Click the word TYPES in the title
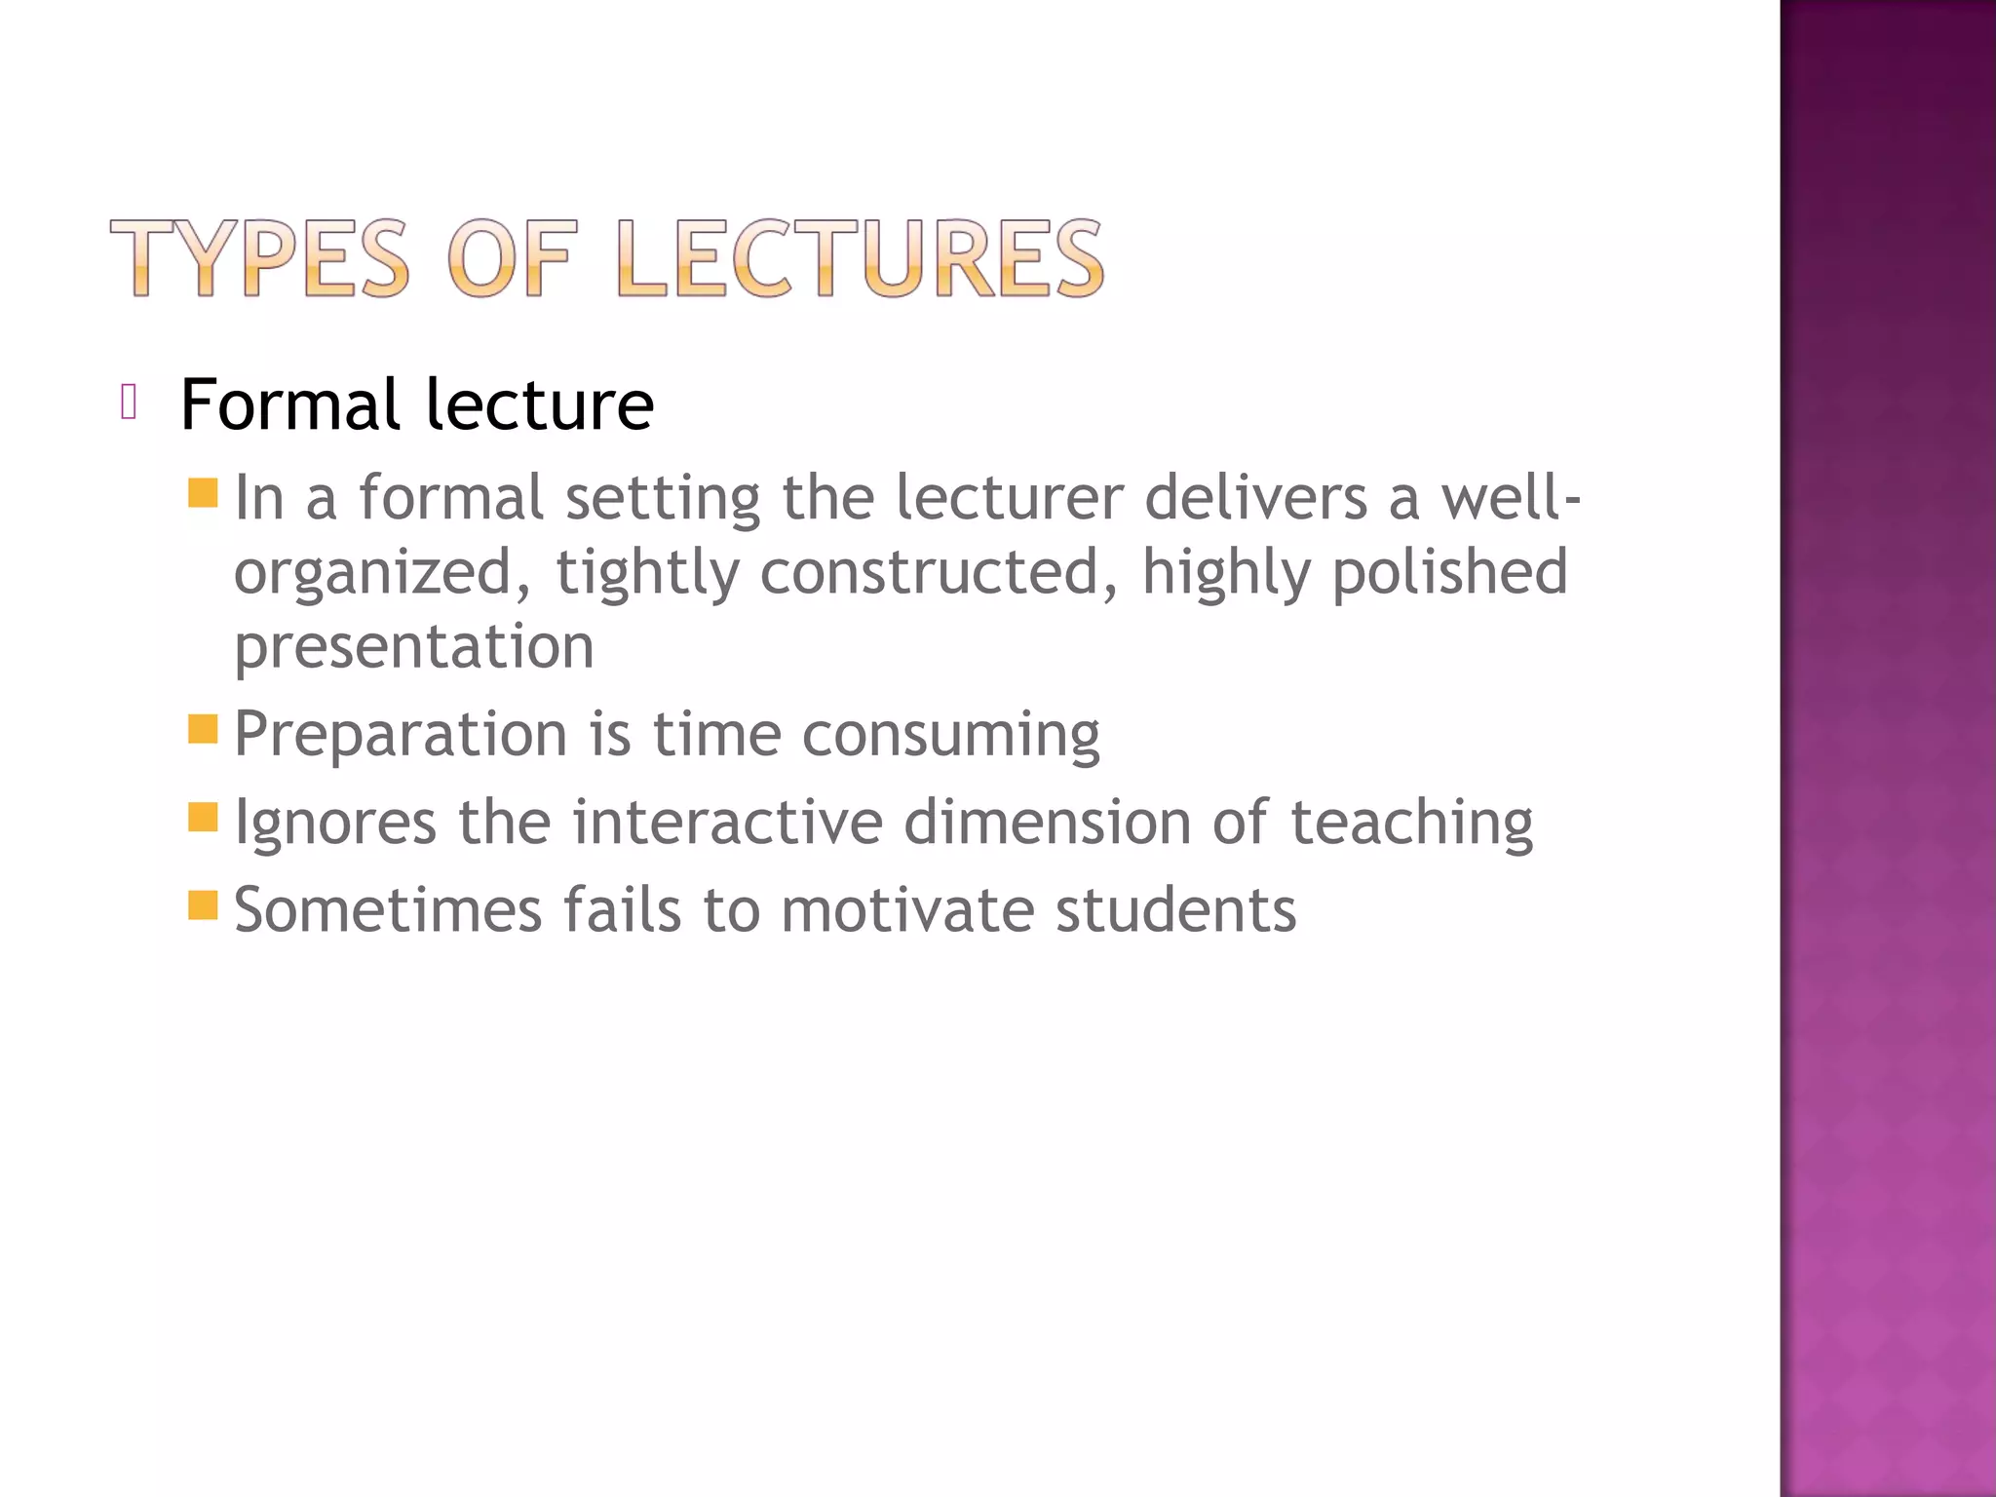tap(259, 258)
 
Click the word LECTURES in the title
tap(861, 258)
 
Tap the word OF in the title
tap(513, 258)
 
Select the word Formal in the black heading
tap(289, 404)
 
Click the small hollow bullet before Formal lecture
tap(128, 402)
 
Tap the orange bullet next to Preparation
tap(203, 728)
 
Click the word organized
tap(373, 573)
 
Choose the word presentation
tap(413, 647)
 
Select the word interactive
tap(727, 823)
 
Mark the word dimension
tap(1047, 823)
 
